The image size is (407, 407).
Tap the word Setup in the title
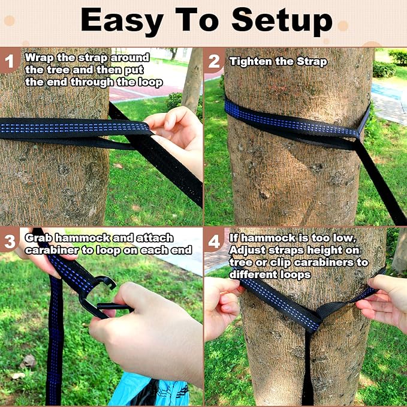coord(282,21)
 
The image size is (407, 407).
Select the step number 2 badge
coord(214,61)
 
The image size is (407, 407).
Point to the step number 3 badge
coord(9,242)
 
